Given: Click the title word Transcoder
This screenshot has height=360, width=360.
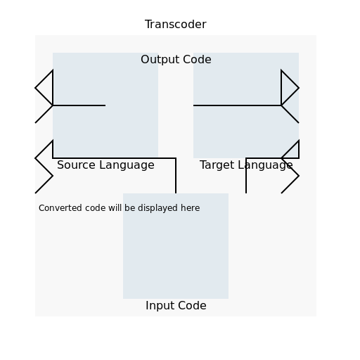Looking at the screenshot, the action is [x=176, y=25].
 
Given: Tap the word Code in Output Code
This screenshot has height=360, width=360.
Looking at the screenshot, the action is [x=197, y=60].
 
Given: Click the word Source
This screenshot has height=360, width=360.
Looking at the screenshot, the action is [x=77, y=165].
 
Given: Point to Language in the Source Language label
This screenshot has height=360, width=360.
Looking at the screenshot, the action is [x=127, y=165].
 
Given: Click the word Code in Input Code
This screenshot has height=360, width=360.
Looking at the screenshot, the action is [x=192, y=306].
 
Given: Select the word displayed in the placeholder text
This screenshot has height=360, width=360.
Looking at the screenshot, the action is [x=157, y=208].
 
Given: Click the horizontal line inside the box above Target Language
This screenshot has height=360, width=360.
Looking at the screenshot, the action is [x=237, y=105].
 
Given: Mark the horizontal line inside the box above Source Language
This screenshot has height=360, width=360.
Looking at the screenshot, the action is [x=79, y=105].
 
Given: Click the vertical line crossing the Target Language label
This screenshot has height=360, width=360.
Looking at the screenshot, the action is [x=246, y=176].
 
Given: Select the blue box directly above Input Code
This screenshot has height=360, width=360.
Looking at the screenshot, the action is [x=176, y=246].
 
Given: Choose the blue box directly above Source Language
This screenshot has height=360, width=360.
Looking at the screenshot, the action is [x=105, y=105].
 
